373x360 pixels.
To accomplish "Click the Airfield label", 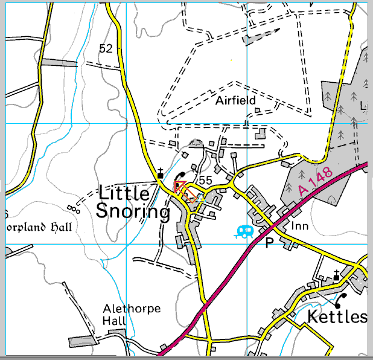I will click(x=235, y=100).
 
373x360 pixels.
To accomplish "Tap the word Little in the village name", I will click(x=123, y=194).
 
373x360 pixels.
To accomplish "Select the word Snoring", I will click(x=133, y=212).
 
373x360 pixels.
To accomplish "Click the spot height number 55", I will click(x=205, y=180).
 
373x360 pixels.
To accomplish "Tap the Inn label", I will click(x=300, y=226).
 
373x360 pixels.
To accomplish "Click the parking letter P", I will click(x=269, y=243).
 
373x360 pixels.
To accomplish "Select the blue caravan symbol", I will click(x=244, y=231).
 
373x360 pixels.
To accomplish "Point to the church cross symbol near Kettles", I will click(x=337, y=275).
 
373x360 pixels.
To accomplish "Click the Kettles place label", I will click(x=337, y=317).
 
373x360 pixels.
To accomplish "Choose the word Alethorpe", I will click(x=132, y=309).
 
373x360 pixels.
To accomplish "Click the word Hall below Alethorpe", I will click(x=113, y=320).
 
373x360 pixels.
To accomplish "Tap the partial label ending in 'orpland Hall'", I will click(x=39, y=228).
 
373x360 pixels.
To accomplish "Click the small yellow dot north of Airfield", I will click(x=232, y=60).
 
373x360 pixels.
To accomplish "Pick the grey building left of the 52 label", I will click(x=59, y=62).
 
